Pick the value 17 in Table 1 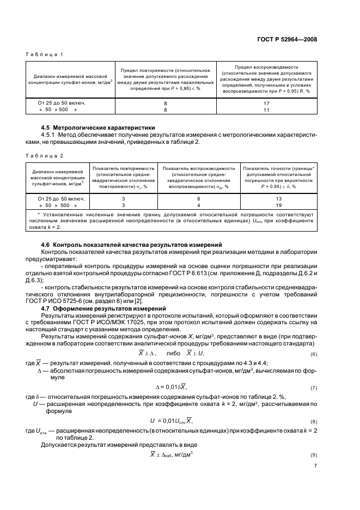pos(266,102)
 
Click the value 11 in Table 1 pos(266,110)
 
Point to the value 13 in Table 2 pos(278,199)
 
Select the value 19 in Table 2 pos(278,205)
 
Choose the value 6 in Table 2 pos(199,199)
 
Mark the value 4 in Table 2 pos(199,205)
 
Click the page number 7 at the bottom pos(315,481)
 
